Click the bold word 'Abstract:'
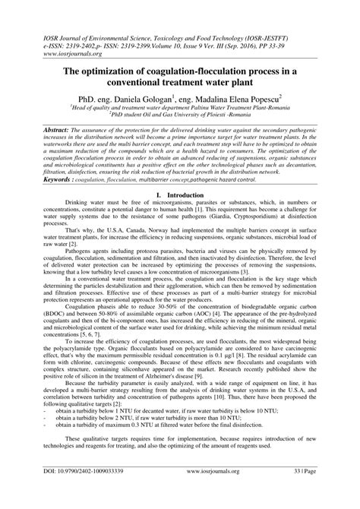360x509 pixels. (48, 131)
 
